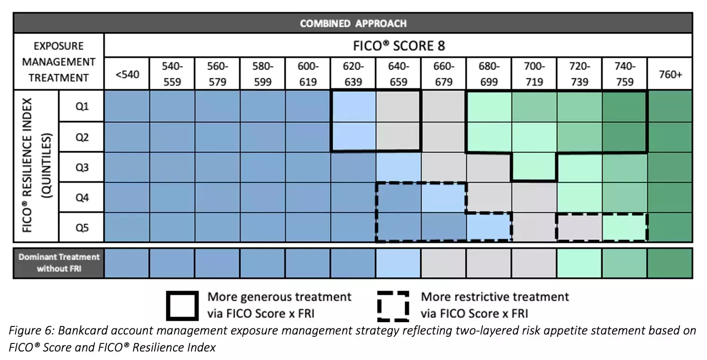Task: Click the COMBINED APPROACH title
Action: point(353,23)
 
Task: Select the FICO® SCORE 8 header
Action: point(399,46)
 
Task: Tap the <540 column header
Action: point(127,74)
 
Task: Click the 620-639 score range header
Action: point(353,74)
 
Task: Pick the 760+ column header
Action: point(670,74)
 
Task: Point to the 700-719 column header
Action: point(534,74)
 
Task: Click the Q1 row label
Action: point(82,106)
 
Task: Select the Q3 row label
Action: point(82,167)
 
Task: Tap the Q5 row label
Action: point(82,228)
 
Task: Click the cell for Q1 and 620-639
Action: point(353,106)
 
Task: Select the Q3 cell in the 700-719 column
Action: point(534,167)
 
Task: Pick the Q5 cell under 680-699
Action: point(489,227)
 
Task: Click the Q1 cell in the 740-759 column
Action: point(625,106)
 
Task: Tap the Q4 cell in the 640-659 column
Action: point(398,197)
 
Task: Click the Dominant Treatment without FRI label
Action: point(59,263)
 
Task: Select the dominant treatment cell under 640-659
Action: point(398,263)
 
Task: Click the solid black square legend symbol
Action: point(182,306)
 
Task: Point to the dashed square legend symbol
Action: point(393,306)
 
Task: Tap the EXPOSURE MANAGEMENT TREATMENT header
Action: point(59,61)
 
